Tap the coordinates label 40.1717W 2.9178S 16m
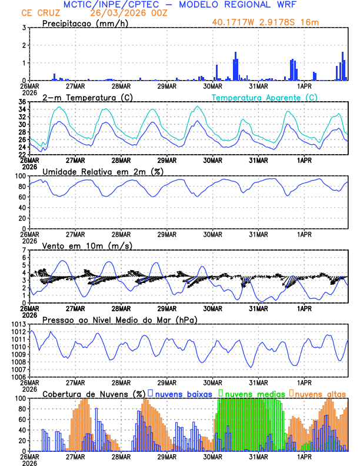pos(270,22)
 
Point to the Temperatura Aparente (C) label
pos(265,97)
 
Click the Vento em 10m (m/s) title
pos(79,245)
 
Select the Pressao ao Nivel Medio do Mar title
pos(120,319)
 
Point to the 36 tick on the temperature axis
pos(21,102)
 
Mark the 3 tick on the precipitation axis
pos(24,28)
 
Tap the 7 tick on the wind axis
pos(24,250)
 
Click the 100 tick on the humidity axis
pos(19,176)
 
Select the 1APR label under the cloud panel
pos(305,455)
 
